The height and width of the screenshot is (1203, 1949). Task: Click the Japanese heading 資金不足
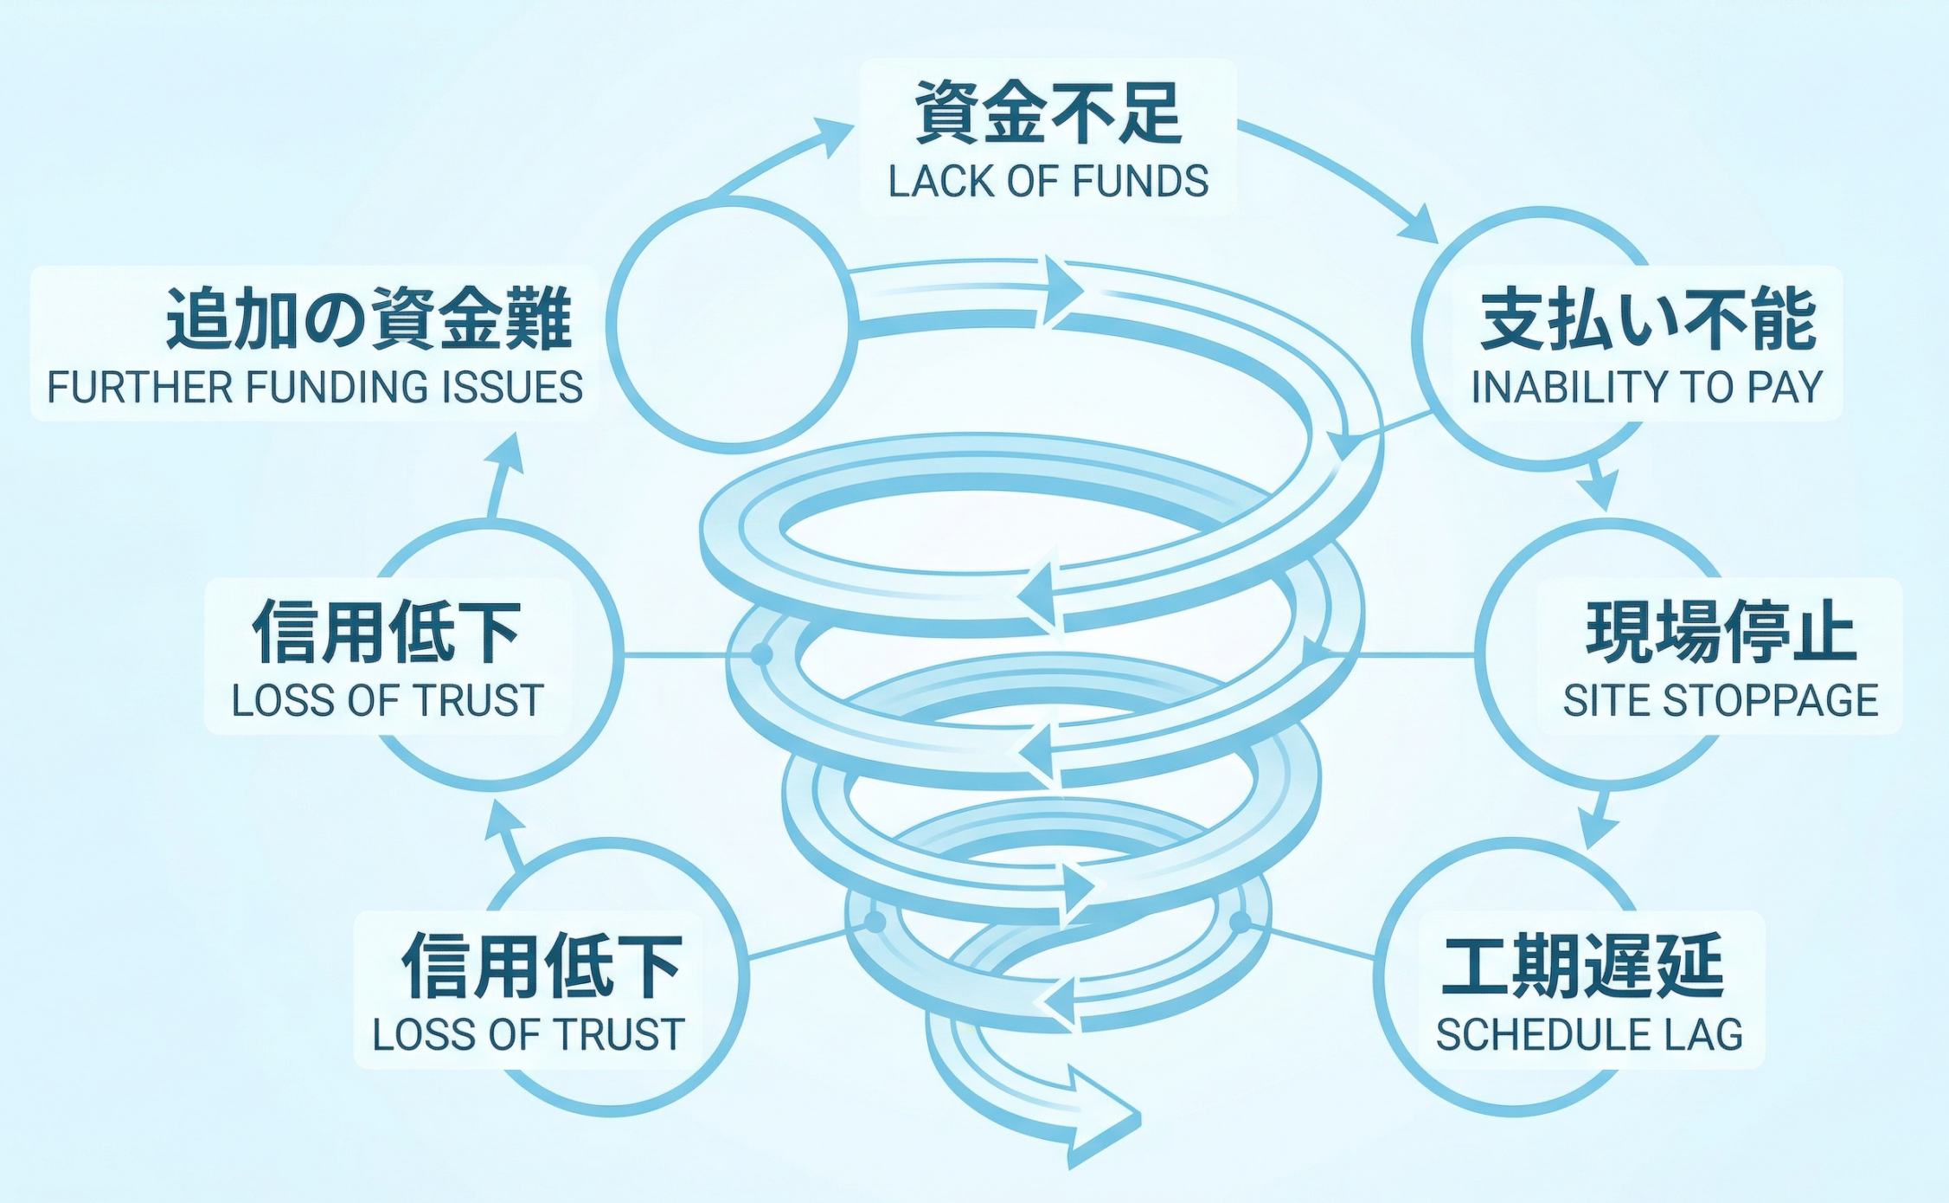1048,113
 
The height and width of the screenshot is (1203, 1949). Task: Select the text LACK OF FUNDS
1048,182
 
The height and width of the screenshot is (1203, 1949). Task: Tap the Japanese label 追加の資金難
369,319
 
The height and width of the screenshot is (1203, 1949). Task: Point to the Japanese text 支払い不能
1648,321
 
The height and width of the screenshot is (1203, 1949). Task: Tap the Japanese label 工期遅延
1582,966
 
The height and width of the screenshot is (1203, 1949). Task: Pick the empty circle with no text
732,325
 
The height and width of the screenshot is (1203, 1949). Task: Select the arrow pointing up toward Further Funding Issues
505,472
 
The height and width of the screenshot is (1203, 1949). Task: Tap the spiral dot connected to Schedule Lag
1240,922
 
